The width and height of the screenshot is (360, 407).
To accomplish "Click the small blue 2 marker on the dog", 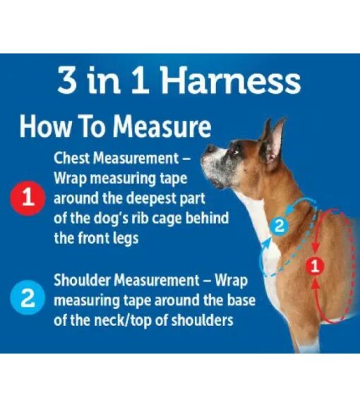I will click(280, 226).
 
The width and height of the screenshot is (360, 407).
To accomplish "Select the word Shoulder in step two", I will click(83, 280).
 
